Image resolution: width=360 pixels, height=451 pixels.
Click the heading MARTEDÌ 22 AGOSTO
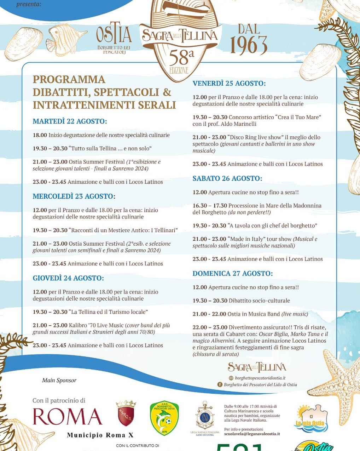coord(70,121)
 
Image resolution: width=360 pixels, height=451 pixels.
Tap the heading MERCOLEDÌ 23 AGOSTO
coord(74,196)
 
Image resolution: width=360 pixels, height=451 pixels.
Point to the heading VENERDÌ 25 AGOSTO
coord(229,84)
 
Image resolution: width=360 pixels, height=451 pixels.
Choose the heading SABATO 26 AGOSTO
coord(227,178)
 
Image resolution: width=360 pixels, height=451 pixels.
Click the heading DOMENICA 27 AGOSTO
coord(232,274)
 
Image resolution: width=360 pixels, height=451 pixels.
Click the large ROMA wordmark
coord(68,416)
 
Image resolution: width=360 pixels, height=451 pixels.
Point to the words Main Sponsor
coord(59,381)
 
